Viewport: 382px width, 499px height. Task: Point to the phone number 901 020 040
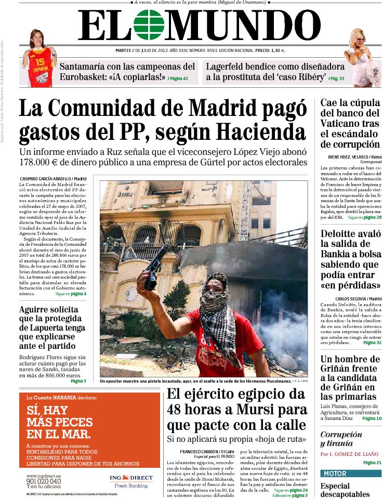[x=44, y=481]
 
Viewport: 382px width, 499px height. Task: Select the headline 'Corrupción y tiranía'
[x=341, y=439]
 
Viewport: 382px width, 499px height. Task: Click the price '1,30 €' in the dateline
[x=277, y=51]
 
